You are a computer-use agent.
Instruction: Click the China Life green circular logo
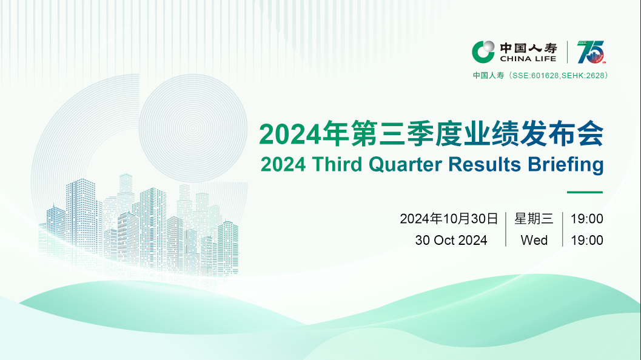tap(483, 52)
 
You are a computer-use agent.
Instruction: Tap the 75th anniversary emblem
tap(591, 52)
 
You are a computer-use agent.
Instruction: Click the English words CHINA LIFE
tap(528, 59)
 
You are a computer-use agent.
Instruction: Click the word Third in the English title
tap(337, 164)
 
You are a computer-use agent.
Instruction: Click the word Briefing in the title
tap(566, 165)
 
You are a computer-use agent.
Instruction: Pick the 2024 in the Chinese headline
tap(290, 134)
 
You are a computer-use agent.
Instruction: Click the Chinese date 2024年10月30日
tap(449, 219)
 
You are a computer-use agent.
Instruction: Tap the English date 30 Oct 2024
tap(451, 240)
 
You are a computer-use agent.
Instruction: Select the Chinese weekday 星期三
tap(534, 219)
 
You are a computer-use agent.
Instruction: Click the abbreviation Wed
tap(534, 240)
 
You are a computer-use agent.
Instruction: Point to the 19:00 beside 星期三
tap(587, 219)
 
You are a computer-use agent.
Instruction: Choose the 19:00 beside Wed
tap(587, 240)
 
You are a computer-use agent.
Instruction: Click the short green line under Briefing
tap(585, 192)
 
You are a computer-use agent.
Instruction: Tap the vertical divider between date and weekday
tap(506, 229)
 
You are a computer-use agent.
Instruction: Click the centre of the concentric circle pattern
tap(193, 128)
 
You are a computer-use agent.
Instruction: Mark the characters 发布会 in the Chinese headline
tap(562, 133)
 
